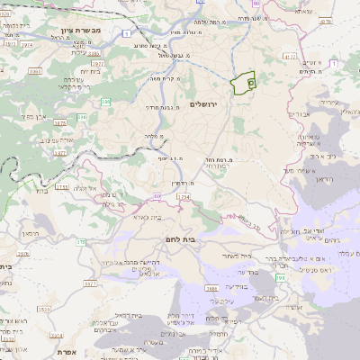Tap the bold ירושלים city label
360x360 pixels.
[206, 104]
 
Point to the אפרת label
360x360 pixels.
[64, 353]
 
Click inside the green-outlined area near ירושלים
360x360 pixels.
[240, 86]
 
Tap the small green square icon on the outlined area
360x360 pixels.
[250, 82]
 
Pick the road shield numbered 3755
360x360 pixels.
[61, 187]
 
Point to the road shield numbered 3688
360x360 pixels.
[211, 288]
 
